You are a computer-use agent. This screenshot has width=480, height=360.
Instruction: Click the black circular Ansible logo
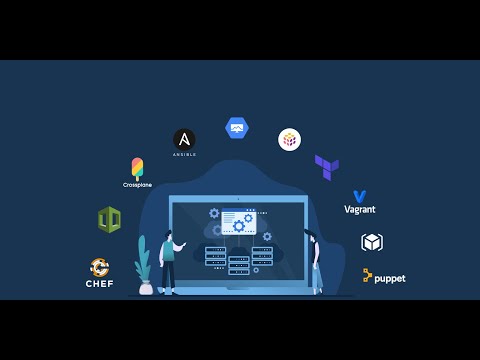(184, 139)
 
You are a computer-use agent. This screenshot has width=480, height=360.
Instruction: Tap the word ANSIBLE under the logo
(184, 155)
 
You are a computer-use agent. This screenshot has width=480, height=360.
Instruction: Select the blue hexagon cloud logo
(237, 127)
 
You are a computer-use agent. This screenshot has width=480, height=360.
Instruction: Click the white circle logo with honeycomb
(289, 139)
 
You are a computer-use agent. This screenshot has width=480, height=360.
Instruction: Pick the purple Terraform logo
(326, 166)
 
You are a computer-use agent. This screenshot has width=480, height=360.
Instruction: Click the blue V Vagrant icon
(359, 197)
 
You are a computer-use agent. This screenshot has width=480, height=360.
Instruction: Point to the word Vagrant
(360, 210)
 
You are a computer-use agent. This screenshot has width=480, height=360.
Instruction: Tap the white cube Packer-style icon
(372, 242)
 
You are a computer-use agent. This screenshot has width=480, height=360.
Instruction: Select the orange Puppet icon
(367, 275)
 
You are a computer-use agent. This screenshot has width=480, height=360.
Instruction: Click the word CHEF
(100, 284)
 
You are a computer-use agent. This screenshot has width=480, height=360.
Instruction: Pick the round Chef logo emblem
(100, 267)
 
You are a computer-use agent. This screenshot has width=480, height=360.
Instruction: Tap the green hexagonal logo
(109, 219)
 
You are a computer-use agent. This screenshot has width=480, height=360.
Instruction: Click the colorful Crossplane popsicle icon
(137, 168)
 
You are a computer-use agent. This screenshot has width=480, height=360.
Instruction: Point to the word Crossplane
(137, 185)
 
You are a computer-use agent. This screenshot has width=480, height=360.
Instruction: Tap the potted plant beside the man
(145, 268)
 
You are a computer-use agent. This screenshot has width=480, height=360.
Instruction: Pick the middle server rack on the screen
(238, 265)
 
